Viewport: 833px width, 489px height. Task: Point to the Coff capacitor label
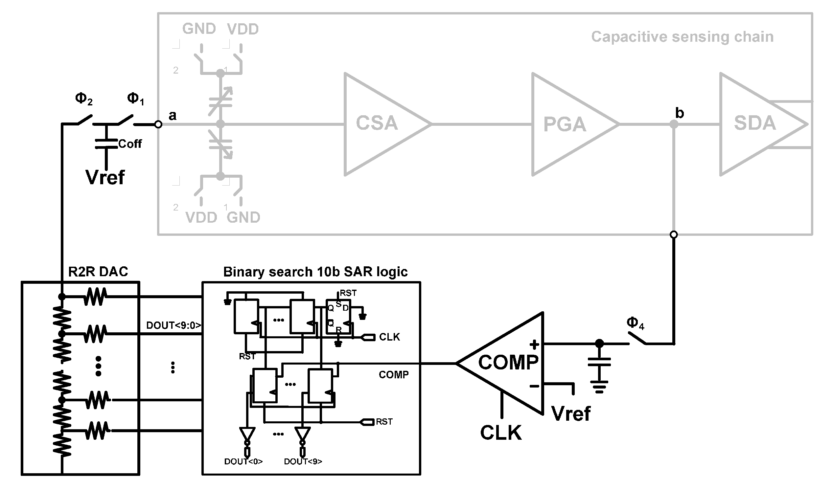pos(130,144)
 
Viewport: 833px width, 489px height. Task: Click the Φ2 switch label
pos(84,99)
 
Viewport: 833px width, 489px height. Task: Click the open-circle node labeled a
pos(158,124)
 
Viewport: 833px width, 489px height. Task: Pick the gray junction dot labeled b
pos(674,124)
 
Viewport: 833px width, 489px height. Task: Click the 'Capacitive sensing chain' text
pos(682,37)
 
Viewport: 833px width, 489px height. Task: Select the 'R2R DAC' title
pos(98,272)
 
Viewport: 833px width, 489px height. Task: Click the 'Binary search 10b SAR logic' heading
pos(315,272)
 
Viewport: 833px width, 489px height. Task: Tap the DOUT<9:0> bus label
pos(174,325)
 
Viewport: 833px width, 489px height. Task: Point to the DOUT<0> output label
pos(243,461)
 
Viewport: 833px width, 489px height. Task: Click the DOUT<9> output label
pos(303,461)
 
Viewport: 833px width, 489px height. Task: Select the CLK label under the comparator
pos(501,433)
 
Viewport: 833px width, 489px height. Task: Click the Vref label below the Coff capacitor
pos(105,178)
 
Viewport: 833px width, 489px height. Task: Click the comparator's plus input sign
pos(534,345)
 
